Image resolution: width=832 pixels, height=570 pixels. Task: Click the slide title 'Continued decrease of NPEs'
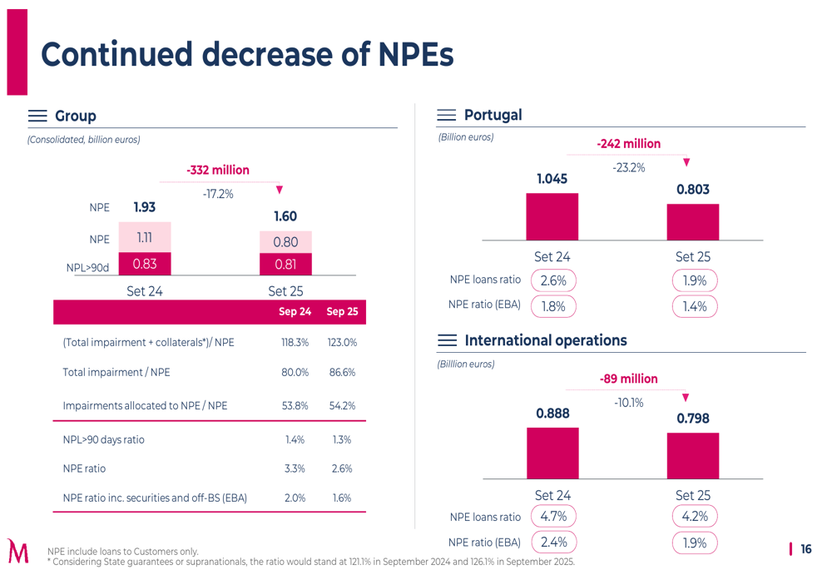point(247,54)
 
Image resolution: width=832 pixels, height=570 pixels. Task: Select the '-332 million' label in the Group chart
point(218,170)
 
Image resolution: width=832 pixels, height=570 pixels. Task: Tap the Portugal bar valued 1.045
point(552,216)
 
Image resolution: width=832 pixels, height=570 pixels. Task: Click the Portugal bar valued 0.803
point(692,221)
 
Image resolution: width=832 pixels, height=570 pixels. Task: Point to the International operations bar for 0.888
point(552,453)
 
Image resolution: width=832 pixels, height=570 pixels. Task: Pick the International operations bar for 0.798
point(692,455)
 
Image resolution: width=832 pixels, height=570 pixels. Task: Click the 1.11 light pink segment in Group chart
point(145,237)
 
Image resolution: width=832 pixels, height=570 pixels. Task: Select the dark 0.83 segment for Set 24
point(145,264)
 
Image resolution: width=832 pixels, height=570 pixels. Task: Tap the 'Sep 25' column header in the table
point(342,312)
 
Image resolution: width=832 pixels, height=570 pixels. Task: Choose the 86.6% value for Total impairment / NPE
point(342,373)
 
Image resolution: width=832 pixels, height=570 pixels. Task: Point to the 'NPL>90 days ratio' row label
point(103,439)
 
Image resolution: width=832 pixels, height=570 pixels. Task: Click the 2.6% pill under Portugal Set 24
point(553,281)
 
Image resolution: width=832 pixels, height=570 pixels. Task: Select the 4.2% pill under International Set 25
point(694,517)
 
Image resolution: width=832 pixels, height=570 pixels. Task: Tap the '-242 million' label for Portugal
point(628,144)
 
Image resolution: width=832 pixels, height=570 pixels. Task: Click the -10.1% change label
point(628,403)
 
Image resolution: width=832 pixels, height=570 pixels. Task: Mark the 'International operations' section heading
point(545,340)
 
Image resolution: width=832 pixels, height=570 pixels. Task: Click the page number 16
point(805,549)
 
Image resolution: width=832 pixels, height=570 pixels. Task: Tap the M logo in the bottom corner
point(17,551)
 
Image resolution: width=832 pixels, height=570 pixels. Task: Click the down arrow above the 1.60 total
point(280,190)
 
